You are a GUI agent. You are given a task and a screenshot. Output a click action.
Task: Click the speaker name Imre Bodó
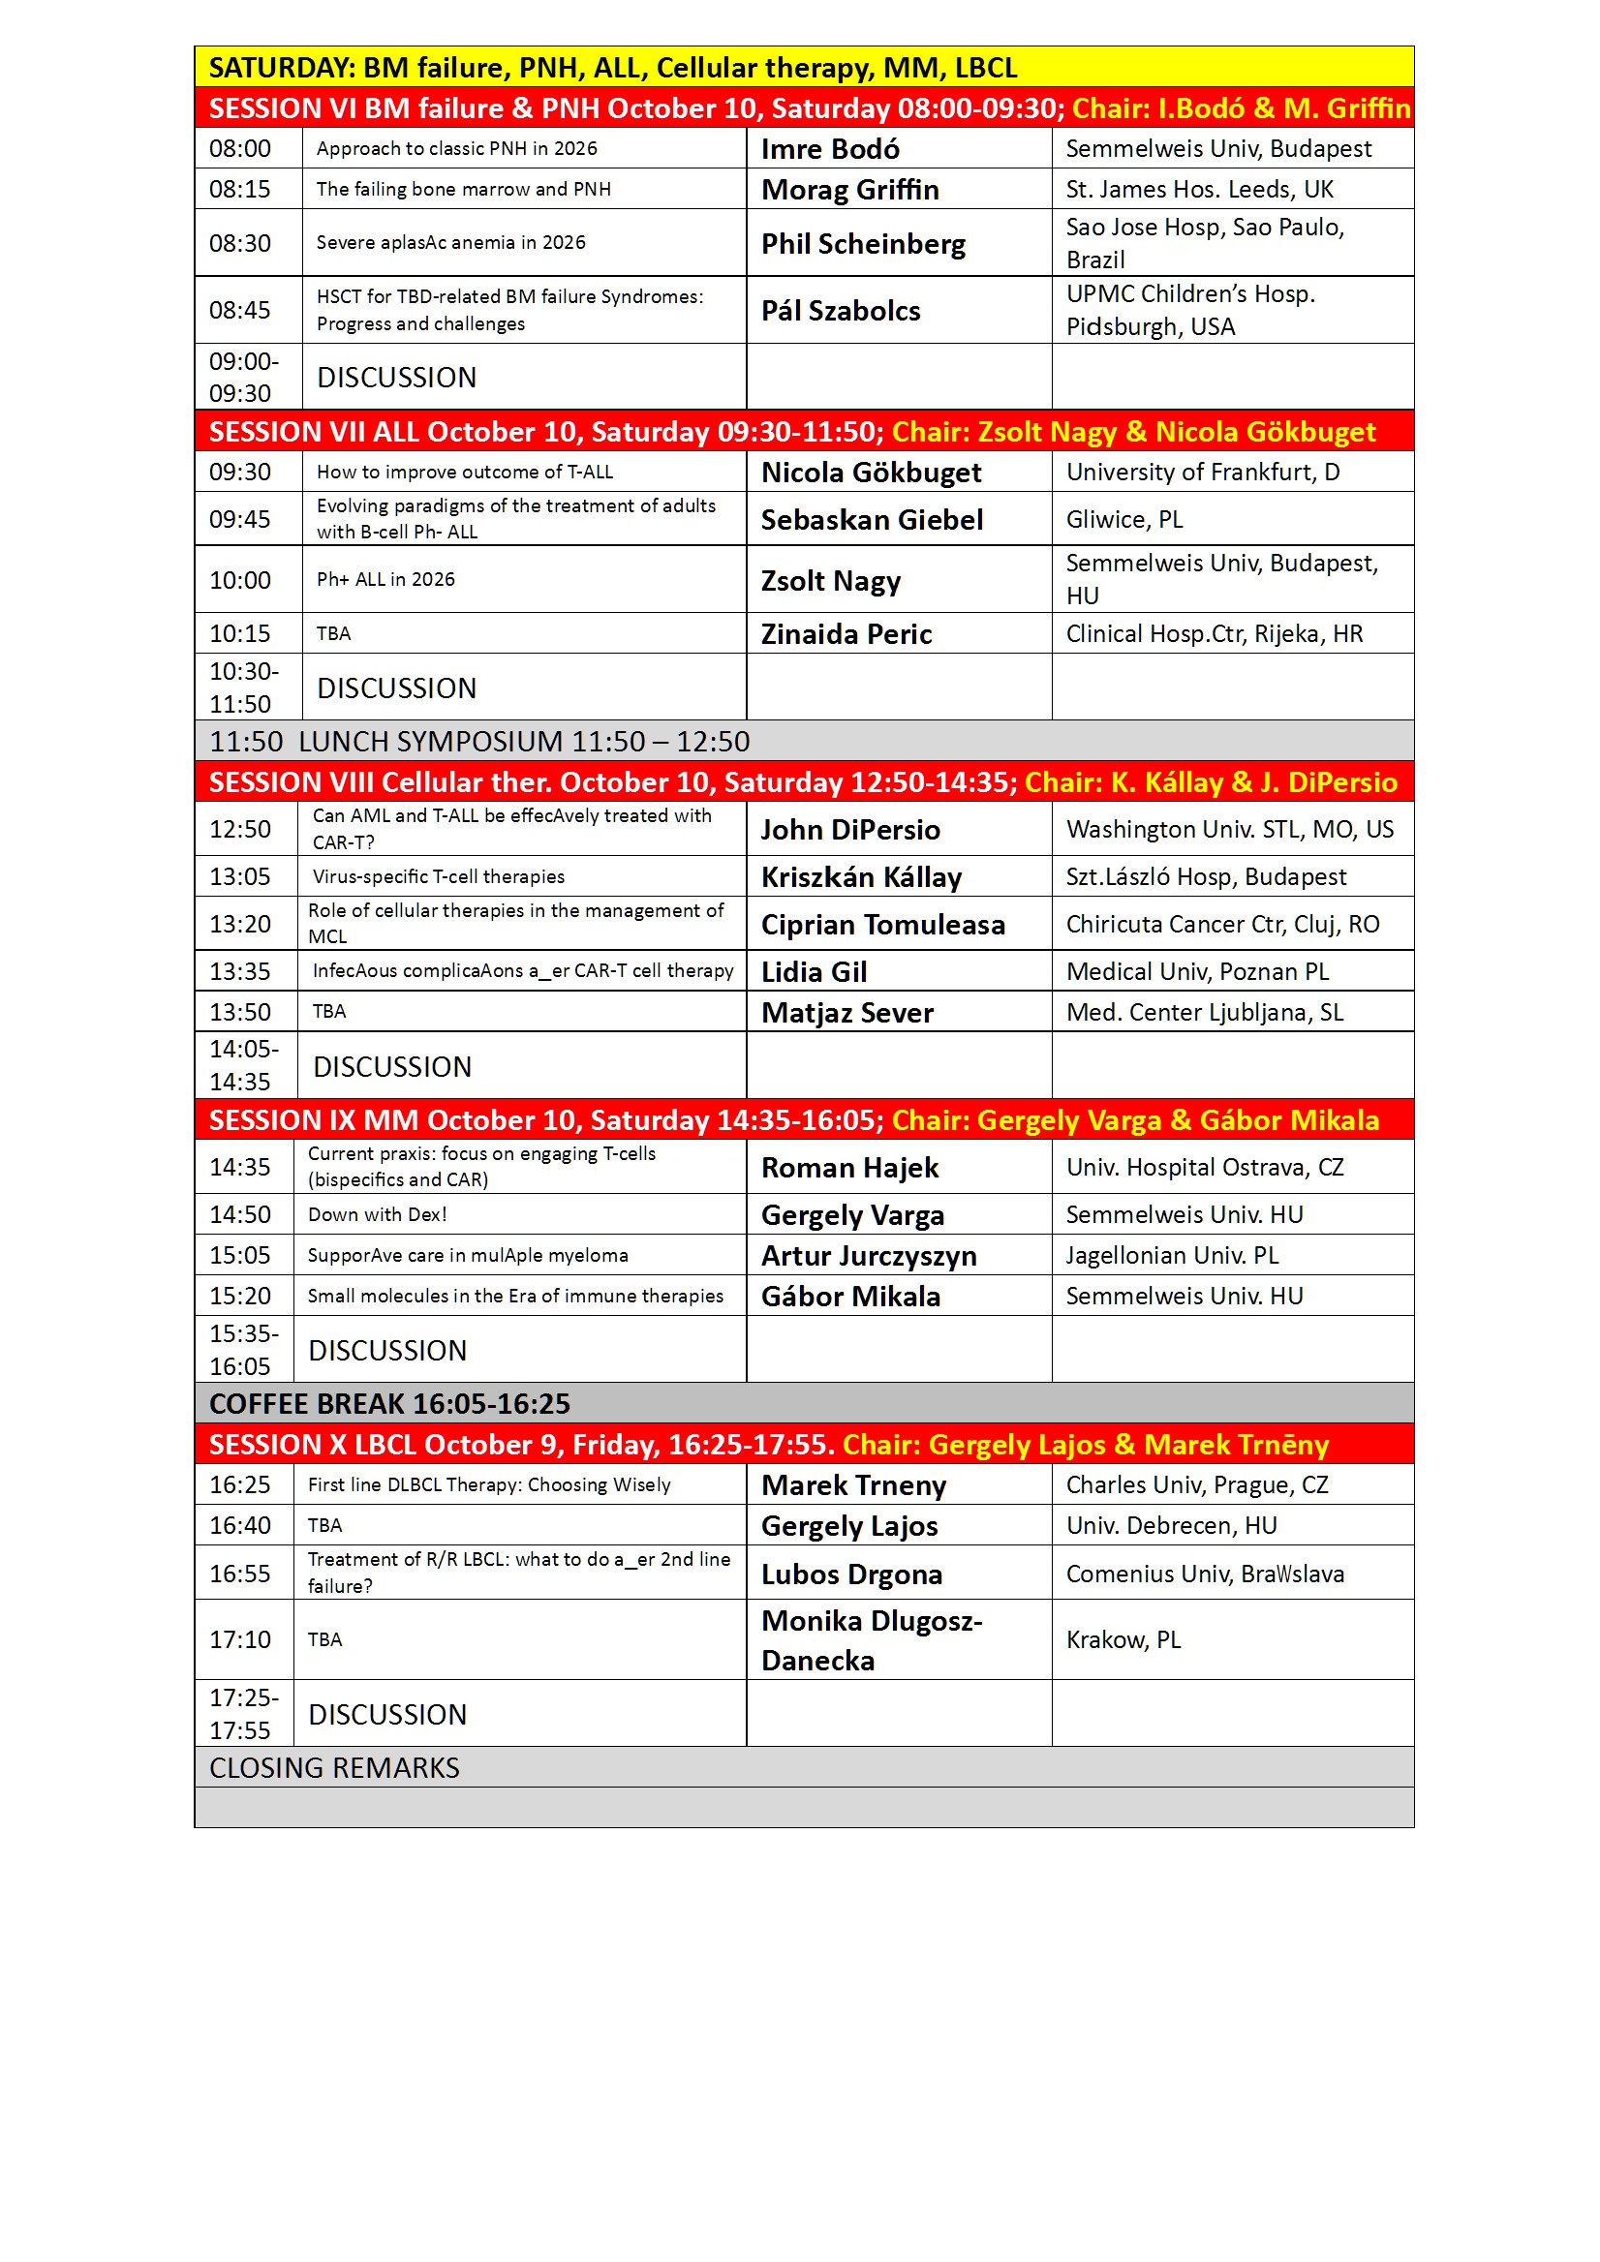tap(830, 149)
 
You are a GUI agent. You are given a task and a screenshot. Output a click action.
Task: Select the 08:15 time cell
tap(239, 189)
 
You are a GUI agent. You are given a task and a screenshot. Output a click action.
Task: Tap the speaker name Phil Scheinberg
tap(863, 243)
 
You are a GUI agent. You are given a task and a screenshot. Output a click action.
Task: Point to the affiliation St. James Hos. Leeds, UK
tap(1199, 189)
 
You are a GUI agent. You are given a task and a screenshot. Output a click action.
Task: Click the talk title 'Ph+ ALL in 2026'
tap(385, 579)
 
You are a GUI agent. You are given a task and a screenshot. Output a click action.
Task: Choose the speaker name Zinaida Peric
tap(846, 633)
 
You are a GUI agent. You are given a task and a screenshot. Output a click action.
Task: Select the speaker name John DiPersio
tap(849, 830)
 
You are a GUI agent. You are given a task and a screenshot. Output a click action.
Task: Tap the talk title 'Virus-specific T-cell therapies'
tap(439, 877)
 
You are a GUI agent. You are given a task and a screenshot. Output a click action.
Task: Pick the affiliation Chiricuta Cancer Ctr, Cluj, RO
tap(1221, 924)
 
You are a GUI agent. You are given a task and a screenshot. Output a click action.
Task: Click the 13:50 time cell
tap(239, 1012)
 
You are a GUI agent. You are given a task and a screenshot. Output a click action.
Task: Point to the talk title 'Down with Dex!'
tap(378, 1214)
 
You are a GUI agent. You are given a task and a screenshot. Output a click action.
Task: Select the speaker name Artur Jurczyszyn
tap(868, 1256)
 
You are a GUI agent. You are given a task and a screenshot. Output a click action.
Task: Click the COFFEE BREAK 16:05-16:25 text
tap(389, 1404)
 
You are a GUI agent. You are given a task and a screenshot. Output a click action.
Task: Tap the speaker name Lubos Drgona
tap(851, 1574)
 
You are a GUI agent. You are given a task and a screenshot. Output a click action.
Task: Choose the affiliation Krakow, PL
tap(1123, 1640)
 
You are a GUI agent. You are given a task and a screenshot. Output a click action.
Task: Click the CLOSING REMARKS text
tap(334, 1768)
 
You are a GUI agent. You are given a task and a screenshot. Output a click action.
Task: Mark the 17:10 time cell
tap(239, 1640)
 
